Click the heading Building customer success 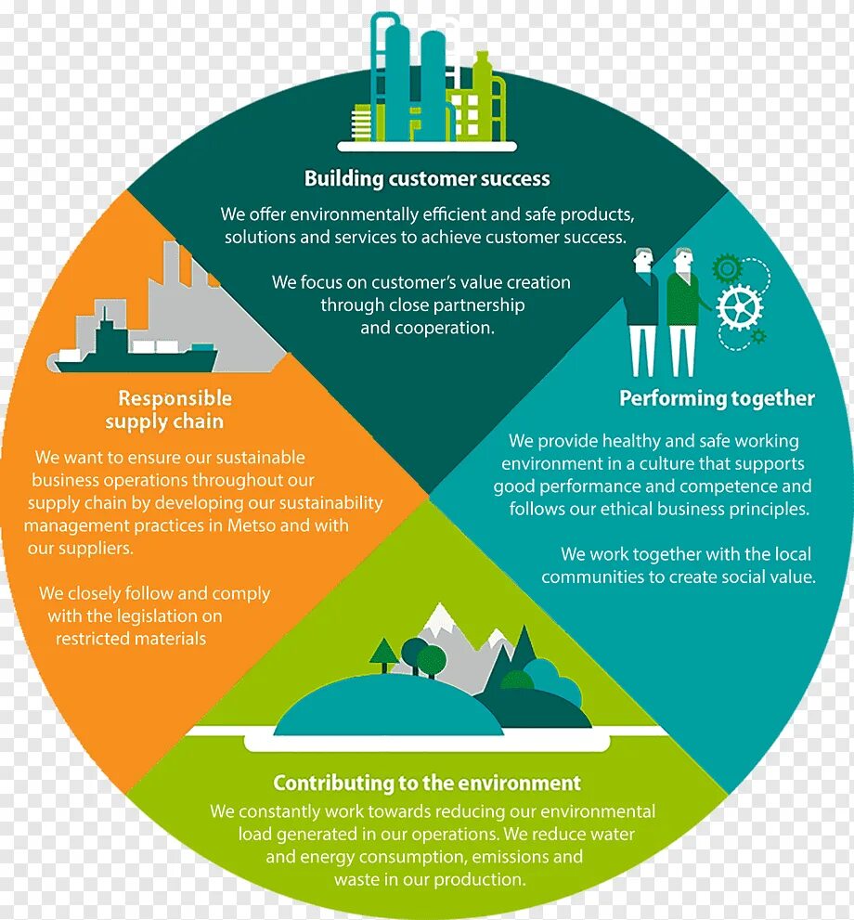[427, 178]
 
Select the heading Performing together [717, 398]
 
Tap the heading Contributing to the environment [427, 783]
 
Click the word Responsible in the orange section [175, 398]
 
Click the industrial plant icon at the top [427, 84]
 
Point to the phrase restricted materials [131, 639]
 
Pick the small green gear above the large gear [727, 268]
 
